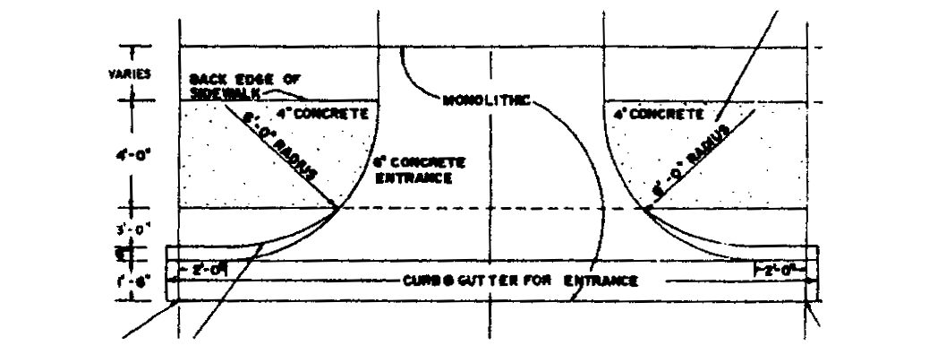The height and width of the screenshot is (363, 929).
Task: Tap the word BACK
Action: [206, 80]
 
